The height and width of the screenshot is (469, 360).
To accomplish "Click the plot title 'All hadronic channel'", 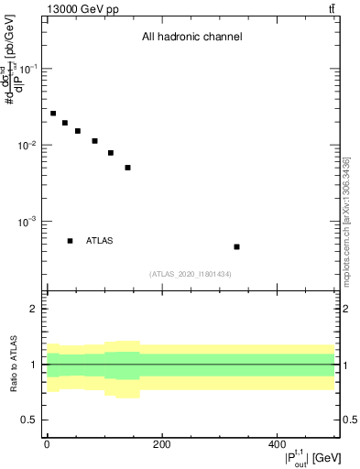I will [191, 38].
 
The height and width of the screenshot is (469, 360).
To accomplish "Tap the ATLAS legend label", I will [100, 241].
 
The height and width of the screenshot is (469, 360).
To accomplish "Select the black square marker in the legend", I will [71, 241].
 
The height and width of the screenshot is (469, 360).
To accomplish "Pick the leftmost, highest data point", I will [53, 114].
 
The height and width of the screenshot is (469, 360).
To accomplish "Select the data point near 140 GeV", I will [128, 168].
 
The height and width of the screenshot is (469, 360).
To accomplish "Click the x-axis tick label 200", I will [161, 444].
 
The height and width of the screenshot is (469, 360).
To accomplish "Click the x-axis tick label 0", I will [47, 444].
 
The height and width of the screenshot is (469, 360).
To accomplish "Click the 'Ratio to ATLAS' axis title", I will [13, 364].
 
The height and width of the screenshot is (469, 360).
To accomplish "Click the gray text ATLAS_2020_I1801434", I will [191, 274].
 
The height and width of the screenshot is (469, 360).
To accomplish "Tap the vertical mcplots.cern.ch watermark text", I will [346, 220].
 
